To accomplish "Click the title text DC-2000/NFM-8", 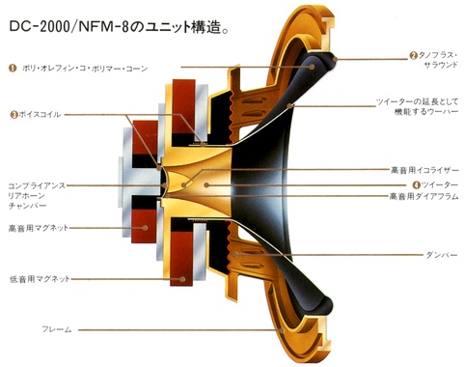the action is (68, 26).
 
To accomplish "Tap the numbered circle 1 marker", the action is (13, 69).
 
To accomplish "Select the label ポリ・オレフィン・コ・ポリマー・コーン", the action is (85, 69).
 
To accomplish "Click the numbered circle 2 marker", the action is (413, 55).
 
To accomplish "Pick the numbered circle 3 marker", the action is (14, 114).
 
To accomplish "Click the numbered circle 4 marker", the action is (417, 184).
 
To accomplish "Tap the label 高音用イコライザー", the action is (424, 170).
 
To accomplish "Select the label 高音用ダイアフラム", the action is (424, 196).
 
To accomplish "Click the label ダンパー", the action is (442, 255).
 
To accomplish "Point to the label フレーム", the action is (57, 329).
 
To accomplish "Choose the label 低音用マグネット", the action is (40, 279).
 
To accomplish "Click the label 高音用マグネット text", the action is (39, 228).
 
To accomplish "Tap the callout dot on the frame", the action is (282, 330).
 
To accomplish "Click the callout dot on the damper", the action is (235, 254).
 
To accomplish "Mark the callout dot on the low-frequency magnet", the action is (182, 279).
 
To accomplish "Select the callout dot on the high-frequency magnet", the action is (145, 228).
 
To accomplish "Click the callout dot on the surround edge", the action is (335, 59).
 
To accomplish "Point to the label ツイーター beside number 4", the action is (440, 184).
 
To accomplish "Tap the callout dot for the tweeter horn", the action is (206, 184).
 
